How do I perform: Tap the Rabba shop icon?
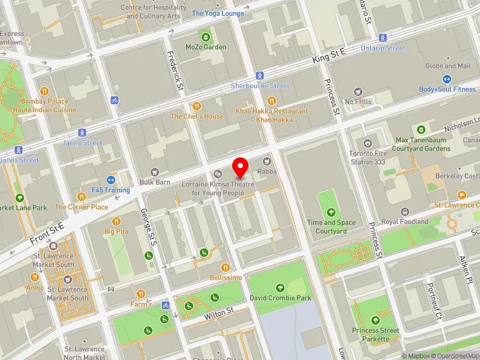click(267, 161)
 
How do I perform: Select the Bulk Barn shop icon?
click(155, 172)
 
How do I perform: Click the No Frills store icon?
click(358, 92)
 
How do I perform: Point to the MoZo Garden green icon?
click(206, 37)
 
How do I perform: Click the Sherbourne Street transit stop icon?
click(260, 76)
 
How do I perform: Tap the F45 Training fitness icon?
click(111, 180)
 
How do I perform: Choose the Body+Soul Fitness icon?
click(447, 79)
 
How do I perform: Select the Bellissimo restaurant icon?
click(226, 268)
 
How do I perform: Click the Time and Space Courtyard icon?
click(331, 212)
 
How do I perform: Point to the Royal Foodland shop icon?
click(406, 212)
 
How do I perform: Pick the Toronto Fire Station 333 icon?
click(367, 143)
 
